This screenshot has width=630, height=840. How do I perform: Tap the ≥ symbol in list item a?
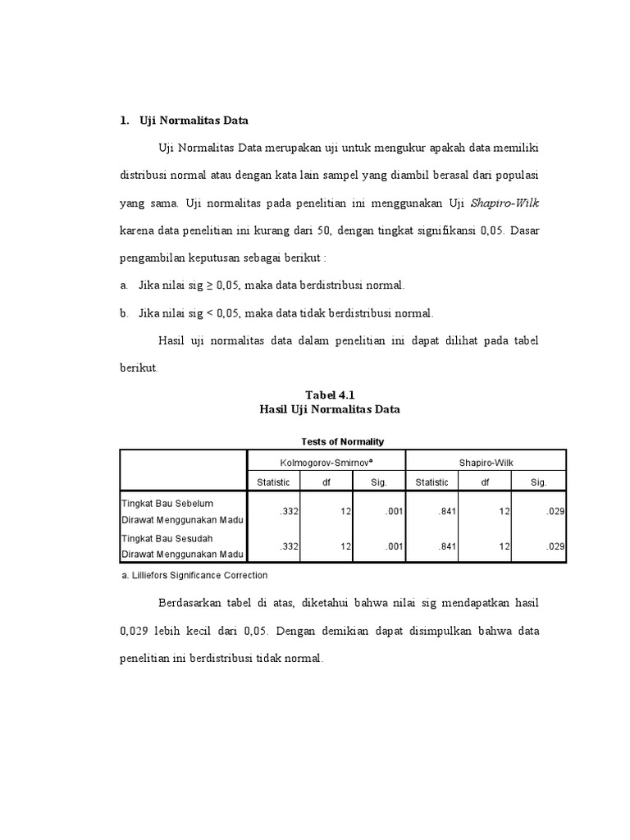[208, 285]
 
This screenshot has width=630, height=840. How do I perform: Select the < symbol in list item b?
[208, 313]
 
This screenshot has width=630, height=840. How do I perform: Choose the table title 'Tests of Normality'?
[342, 441]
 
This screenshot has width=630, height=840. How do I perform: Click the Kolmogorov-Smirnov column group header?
[326, 462]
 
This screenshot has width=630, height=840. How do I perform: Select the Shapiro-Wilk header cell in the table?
[486, 462]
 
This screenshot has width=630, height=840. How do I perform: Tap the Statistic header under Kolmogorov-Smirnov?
[273, 482]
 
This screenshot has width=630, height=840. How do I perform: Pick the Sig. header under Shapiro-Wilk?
[539, 482]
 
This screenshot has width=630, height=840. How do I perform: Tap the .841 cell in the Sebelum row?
[446, 512]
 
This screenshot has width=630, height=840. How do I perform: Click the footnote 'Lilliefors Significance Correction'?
[199, 575]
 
